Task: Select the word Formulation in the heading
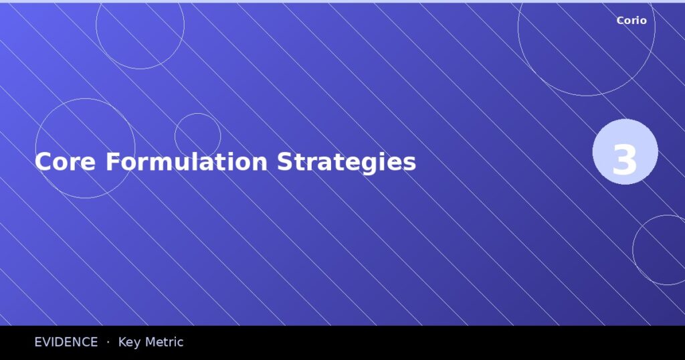[187, 162]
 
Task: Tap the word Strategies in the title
[347, 162]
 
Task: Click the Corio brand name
[631, 21]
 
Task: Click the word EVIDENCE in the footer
[66, 343]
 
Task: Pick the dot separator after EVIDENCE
[108, 343]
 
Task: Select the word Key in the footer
[129, 343]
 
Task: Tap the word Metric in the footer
[165, 343]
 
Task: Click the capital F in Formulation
[111, 162]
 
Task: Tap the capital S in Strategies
[284, 162]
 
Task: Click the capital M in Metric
[151, 343]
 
